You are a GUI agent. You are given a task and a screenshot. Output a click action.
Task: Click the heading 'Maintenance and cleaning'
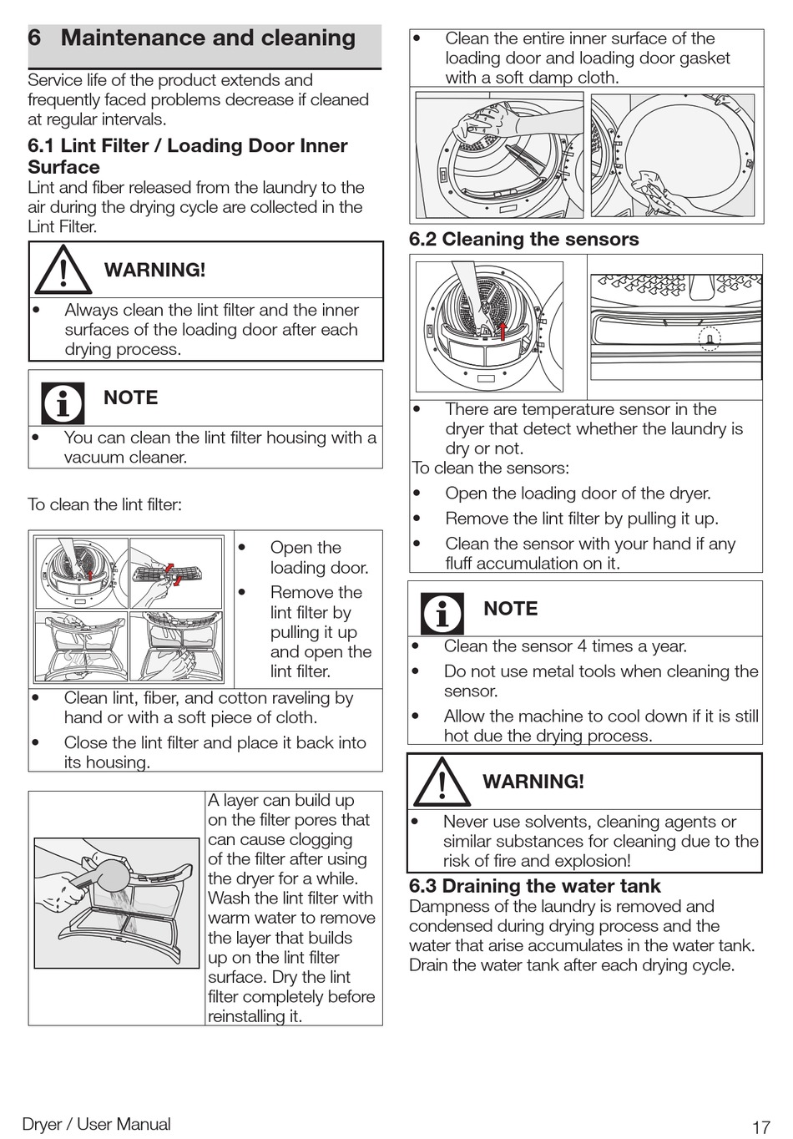208,38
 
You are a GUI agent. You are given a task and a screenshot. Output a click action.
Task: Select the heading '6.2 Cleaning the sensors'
523,240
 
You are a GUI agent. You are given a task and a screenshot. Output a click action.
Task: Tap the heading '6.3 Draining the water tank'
534,886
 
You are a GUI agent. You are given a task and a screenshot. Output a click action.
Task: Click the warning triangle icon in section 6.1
63,271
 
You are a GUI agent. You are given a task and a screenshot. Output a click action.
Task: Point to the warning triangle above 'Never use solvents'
442,782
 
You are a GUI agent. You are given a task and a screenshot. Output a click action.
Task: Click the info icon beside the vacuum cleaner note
63,402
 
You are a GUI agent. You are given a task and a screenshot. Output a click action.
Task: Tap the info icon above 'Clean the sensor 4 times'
442,613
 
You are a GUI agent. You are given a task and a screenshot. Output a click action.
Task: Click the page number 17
760,1127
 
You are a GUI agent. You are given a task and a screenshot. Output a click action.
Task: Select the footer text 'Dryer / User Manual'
96,1125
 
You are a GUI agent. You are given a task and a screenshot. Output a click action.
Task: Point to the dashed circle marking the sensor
709,339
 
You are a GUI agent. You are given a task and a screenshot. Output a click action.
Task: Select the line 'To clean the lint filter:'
104,504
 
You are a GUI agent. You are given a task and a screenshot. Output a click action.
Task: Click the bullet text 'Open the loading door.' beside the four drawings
317,558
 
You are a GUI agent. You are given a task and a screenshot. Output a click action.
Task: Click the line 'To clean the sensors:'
491,468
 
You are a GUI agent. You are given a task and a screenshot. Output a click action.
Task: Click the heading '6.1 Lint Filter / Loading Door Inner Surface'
187,156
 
